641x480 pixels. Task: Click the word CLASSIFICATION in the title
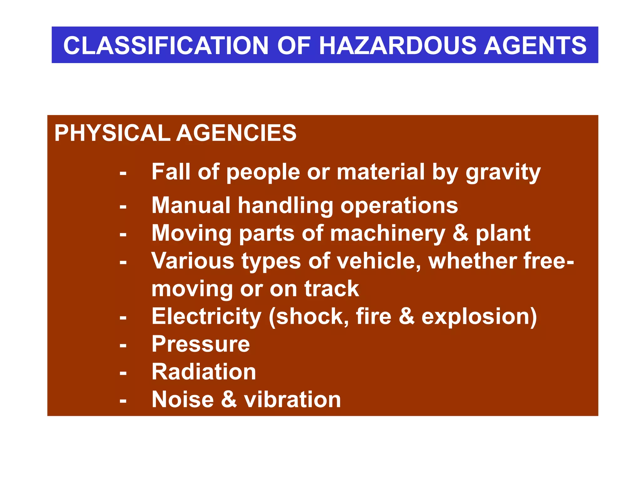coord(166,46)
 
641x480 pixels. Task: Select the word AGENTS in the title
coord(535,46)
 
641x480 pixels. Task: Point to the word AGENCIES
coord(236,133)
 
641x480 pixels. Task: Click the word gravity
coord(503,172)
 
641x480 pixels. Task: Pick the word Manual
coord(191,206)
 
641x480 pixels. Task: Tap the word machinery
coord(387,234)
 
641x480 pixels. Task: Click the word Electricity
coord(206,317)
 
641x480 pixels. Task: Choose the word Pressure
coord(201,344)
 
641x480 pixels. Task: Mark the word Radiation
coord(204,372)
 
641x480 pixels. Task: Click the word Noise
coord(182,400)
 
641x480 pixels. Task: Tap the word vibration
coord(292,400)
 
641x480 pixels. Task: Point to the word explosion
coord(479,317)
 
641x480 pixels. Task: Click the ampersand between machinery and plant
coord(460,233)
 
